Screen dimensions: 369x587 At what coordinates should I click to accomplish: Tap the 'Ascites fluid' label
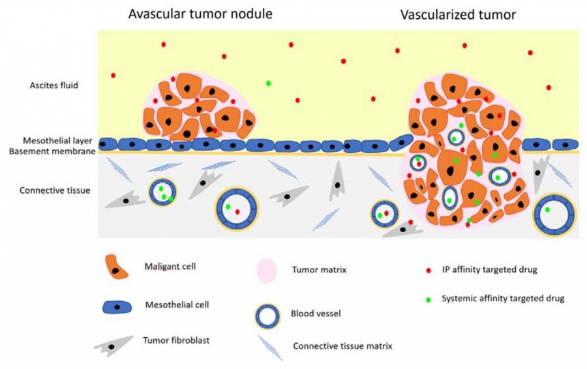54,85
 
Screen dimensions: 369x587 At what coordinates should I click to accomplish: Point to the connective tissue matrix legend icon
270,344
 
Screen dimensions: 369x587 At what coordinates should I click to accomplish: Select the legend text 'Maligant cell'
170,266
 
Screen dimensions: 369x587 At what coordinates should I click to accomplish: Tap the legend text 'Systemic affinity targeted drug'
502,299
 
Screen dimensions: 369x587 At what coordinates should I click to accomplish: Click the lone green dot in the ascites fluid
268,83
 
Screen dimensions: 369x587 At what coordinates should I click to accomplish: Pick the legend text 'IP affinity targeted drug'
489,269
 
